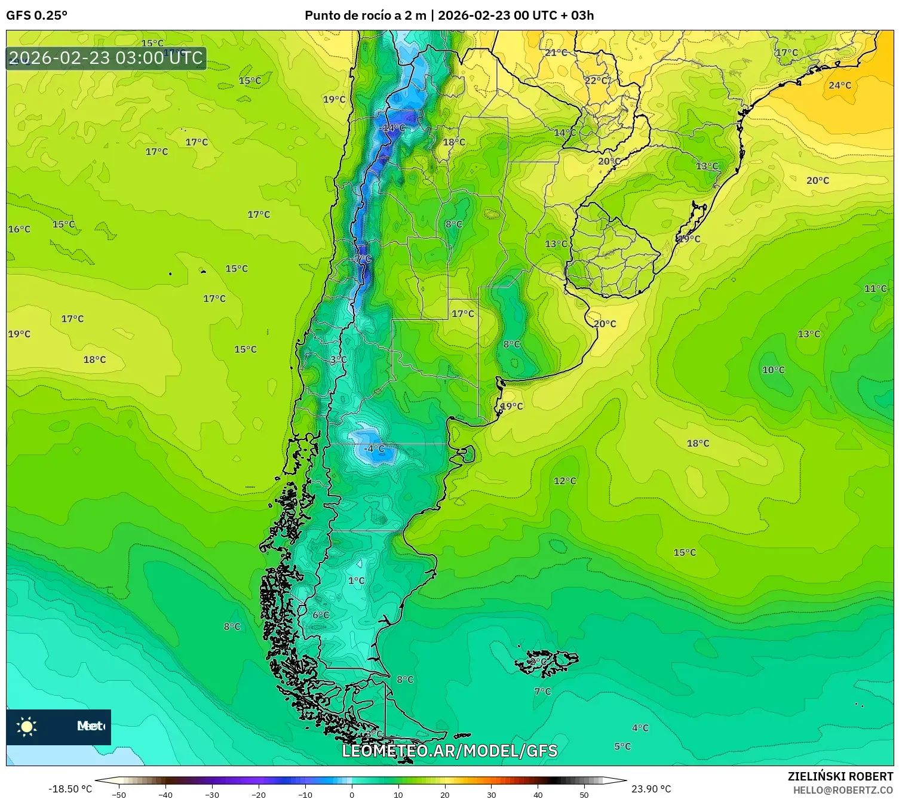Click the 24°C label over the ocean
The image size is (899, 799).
[839, 85]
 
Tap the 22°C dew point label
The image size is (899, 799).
[596, 81]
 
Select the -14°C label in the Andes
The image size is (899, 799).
[392, 128]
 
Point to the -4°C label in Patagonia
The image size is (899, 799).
[375, 448]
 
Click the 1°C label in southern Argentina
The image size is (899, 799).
[356, 580]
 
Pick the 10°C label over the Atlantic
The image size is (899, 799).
[773, 370]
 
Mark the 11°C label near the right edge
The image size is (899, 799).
[875, 289]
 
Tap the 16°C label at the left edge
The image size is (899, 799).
[19, 229]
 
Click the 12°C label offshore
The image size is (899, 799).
[564, 481]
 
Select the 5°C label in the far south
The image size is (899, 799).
[622, 746]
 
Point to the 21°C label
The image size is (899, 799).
[556, 53]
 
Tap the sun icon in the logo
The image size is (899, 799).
[27, 726]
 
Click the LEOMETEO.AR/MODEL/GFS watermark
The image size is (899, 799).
[449, 751]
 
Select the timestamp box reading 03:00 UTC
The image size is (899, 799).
[106, 59]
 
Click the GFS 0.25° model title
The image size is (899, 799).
[36, 16]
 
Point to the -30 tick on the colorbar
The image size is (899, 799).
[212, 795]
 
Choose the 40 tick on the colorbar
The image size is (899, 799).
[538, 795]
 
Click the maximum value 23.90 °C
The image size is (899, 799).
[651, 789]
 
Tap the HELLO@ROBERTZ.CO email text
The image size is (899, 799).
[843, 790]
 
